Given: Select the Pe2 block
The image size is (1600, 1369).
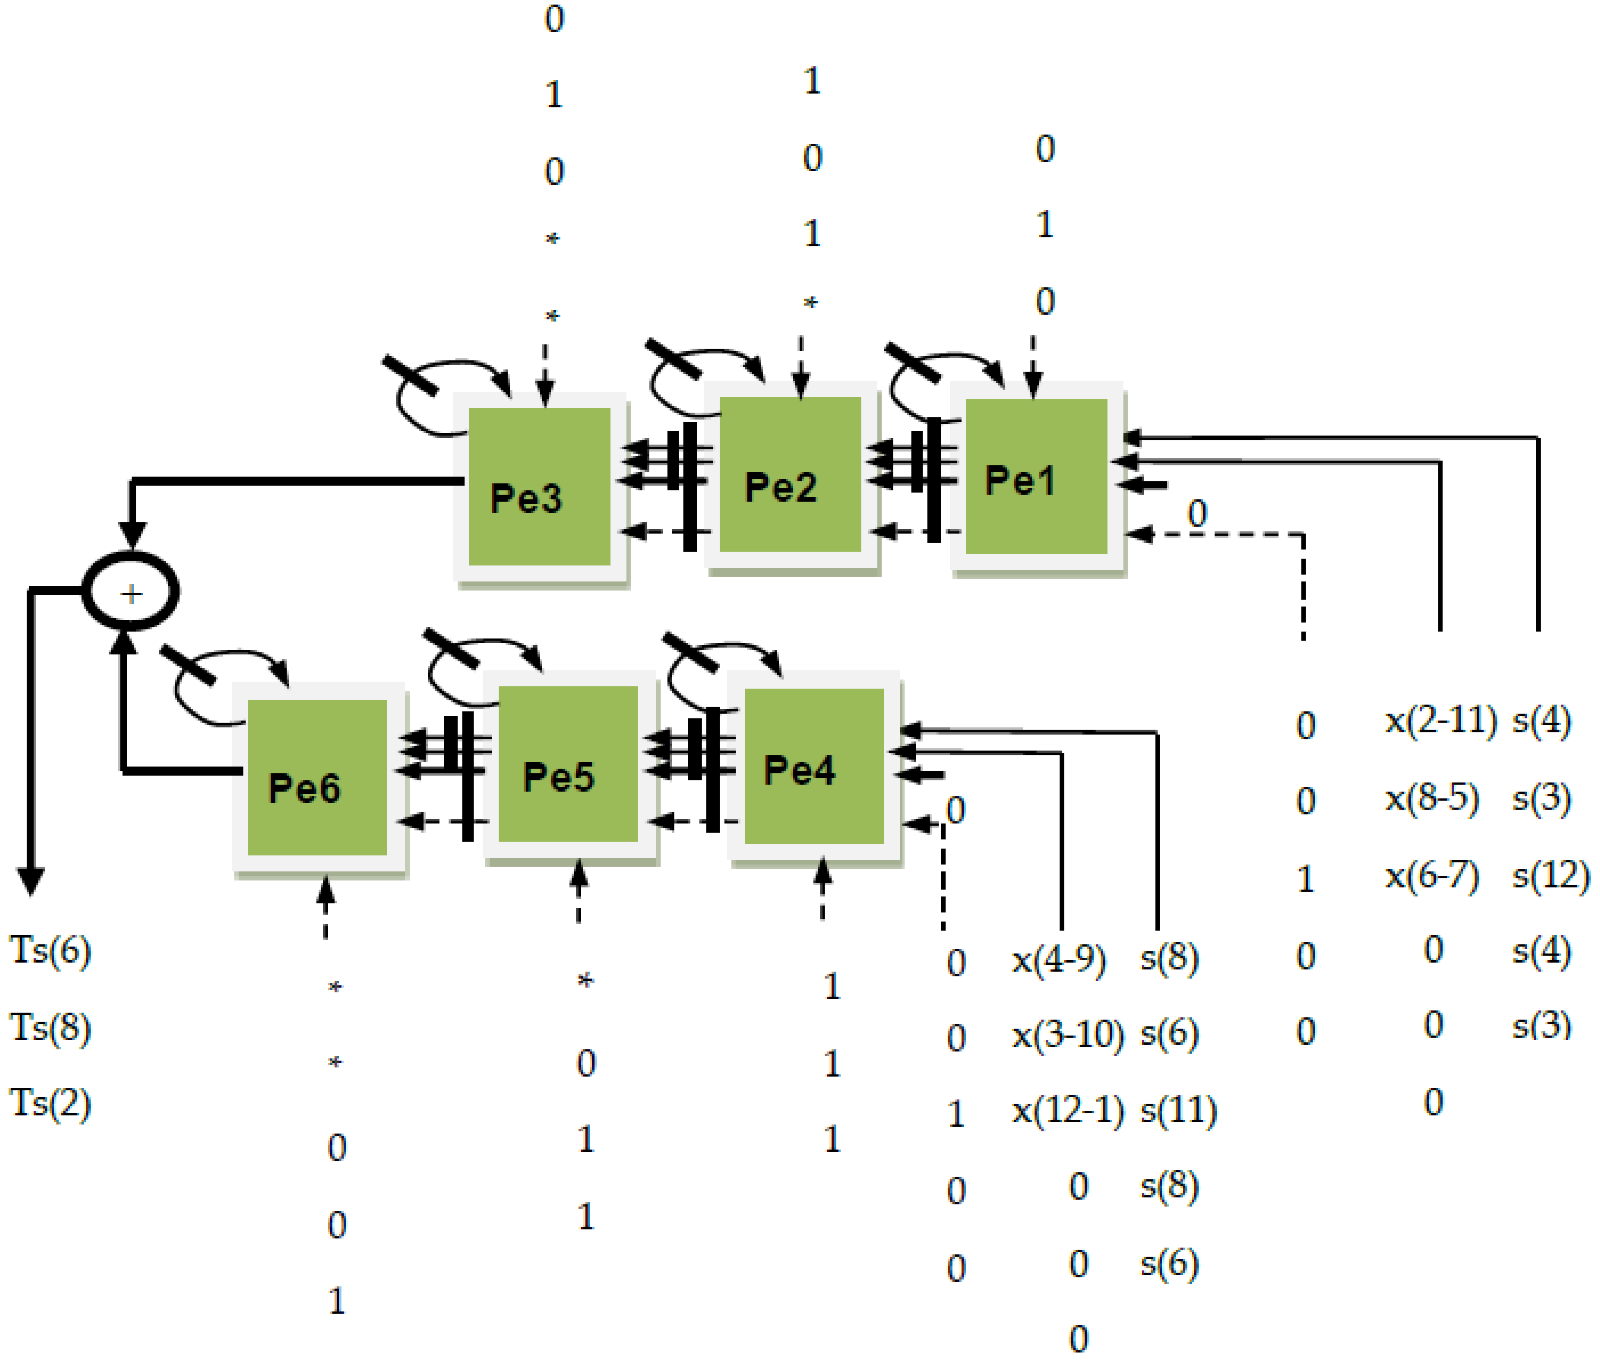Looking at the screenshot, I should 790,474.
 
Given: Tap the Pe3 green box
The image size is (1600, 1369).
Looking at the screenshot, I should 539,486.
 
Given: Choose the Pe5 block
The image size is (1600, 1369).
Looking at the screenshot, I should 568,764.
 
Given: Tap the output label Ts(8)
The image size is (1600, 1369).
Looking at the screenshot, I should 50,1027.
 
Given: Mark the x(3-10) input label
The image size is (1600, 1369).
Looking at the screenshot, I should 1068,1035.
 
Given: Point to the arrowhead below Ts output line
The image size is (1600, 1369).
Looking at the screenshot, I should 31,880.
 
